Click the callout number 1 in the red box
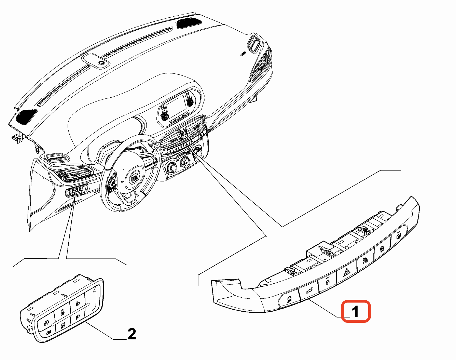pos(355,312)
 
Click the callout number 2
pos(132,334)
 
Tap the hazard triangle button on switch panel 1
pos(347,272)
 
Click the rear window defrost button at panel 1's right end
pos(399,236)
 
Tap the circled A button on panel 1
pos(382,249)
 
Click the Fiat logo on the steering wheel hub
pos(135,178)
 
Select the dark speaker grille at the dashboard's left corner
pos(26,116)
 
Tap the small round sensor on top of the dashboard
pos(102,63)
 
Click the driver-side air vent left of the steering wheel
pos(74,175)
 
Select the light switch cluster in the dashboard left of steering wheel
pos(77,191)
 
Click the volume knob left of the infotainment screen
pos(165,117)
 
